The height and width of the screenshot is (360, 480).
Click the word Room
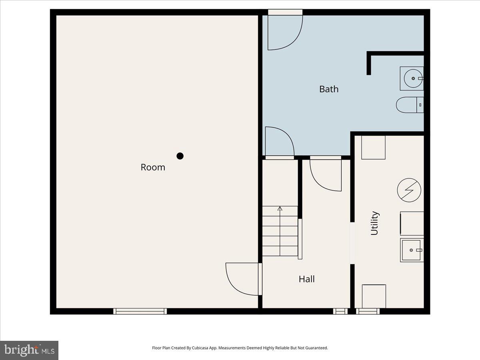click(153, 167)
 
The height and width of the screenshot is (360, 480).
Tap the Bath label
click(329, 89)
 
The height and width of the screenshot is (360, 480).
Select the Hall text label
click(307, 279)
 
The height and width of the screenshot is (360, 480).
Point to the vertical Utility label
click(374, 223)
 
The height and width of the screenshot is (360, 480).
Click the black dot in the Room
click(180, 156)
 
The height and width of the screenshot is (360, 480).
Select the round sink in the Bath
click(412, 78)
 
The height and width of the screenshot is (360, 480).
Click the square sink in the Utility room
click(412, 250)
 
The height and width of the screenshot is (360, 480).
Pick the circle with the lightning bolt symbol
click(409, 190)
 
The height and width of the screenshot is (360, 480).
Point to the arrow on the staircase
click(280, 209)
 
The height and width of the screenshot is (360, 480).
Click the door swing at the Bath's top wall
click(284, 32)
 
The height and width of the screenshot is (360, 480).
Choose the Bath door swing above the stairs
click(279, 142)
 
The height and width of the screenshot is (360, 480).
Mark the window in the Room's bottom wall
click(140, 311)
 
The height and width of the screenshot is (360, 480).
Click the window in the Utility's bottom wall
click(368, 311)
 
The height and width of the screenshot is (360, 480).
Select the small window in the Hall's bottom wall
click(340, 311)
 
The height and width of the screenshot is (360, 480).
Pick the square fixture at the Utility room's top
click(373, 148)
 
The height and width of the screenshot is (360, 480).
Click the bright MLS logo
click(29, 350)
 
